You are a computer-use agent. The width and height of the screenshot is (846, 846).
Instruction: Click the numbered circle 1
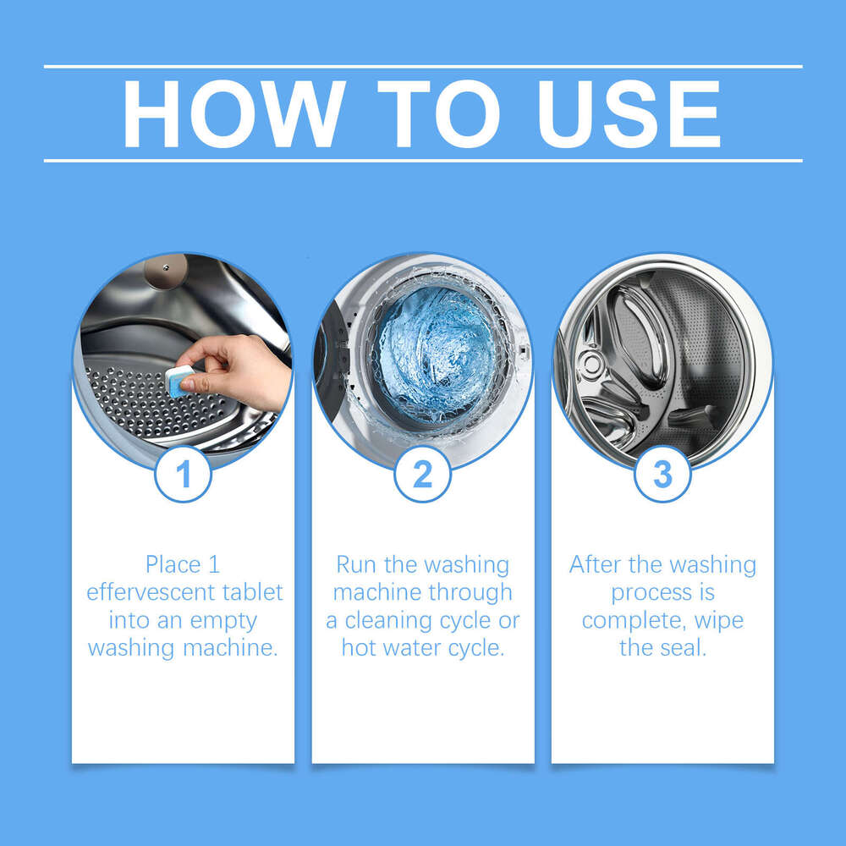click(183, 475)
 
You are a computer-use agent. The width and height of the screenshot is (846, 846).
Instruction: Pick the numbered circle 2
click(422, 475)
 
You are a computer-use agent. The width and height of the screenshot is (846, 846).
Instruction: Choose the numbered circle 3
click(662, 475)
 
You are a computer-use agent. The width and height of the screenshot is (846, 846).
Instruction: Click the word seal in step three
click(684, 648)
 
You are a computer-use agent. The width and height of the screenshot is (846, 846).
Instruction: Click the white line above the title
click(423, 66)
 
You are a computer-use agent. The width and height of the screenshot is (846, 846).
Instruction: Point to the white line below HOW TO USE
click(423, 160)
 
